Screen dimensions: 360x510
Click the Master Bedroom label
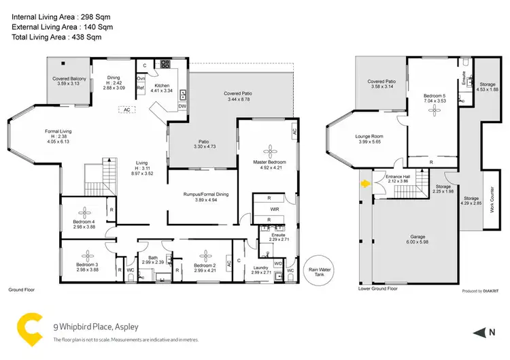(270, 163)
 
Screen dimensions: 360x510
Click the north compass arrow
(476, 331)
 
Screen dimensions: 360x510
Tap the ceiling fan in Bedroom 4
(86, 211)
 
